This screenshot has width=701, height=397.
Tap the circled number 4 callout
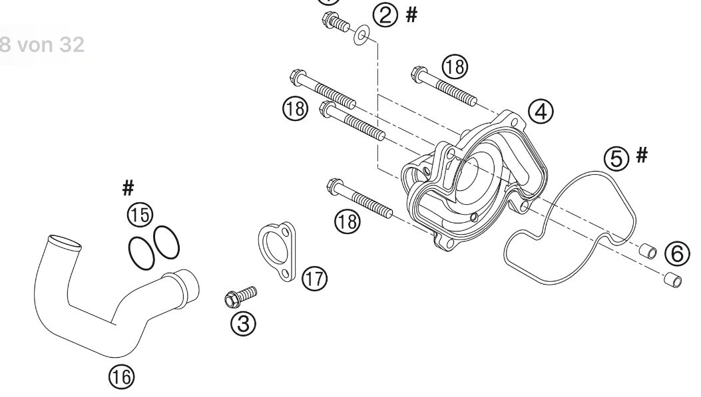pyautogui.click(x=541, y=112)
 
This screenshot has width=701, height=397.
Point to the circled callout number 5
pyautogui.click(x=616, y=158)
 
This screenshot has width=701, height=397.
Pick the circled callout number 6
pyautogui.click(x=678, y=253)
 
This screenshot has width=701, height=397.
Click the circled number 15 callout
pyautogui.click(x=140, y=214)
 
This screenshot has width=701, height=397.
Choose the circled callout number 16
pyautogui.click(x=122, y=377)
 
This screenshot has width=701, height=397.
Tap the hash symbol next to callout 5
pyautogui.click(x=642, y=156)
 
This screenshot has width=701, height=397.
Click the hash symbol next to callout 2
pyautogui.click(x=411, y=15)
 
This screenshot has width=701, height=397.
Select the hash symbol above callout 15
pyautogui.click(x=128, y=189)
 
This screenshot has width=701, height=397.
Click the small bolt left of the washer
pyautogui.click(x=334, y=23)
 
